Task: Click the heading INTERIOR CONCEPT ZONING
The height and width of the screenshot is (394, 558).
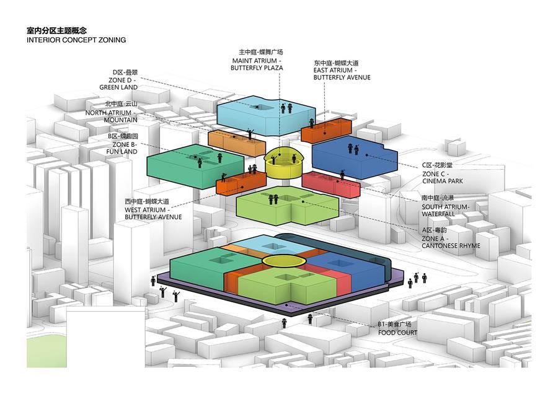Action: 76,40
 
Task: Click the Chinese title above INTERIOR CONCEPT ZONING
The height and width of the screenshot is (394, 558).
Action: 56,30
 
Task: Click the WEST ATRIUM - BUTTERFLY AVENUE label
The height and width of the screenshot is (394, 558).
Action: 153,209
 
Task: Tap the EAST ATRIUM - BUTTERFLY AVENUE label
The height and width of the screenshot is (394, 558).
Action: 342,70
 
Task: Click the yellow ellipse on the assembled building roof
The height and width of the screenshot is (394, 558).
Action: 282,261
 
